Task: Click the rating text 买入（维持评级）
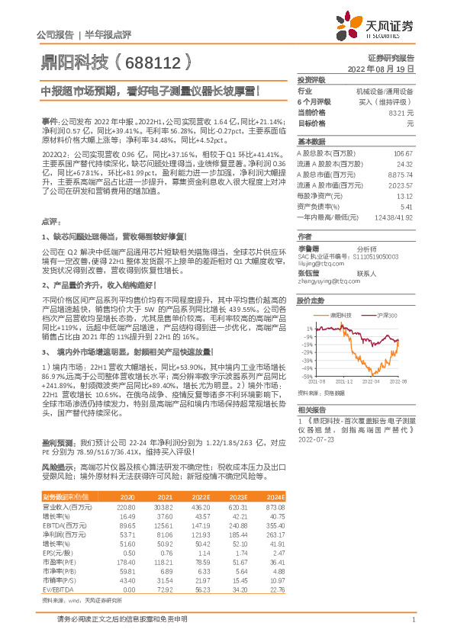pyautogui.click(x=387, y=101)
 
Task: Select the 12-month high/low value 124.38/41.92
pyautogui.click(x=394, y=217)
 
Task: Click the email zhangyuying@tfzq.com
pyautogui.click(x=325, y=281)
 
